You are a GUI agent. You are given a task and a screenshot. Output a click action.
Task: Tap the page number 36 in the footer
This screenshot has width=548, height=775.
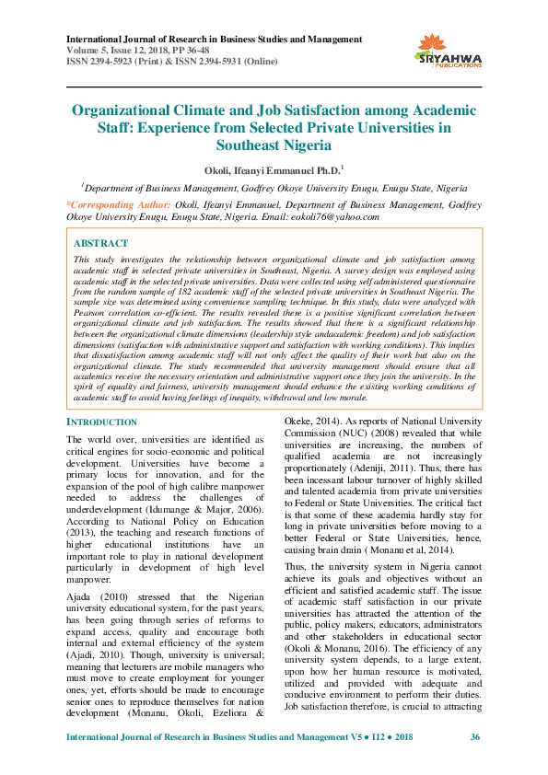click(x=475, y=738)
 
